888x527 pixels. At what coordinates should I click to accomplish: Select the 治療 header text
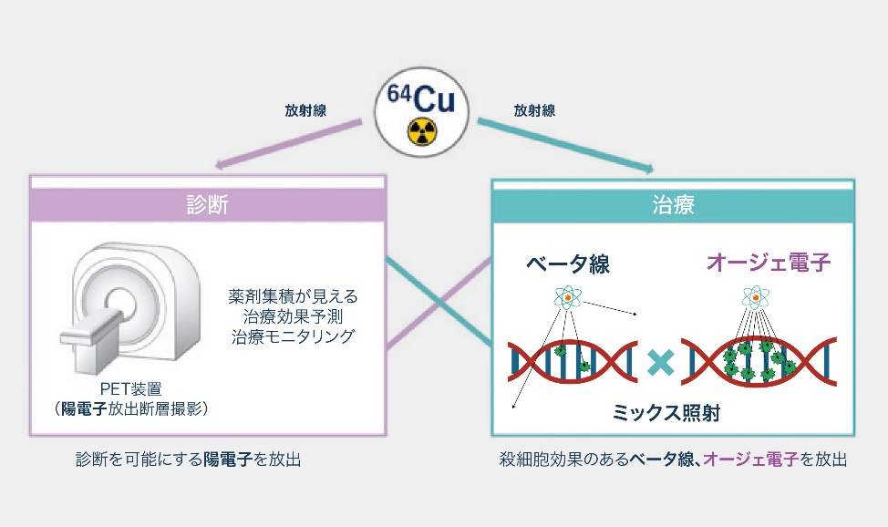click(x=674, y=204)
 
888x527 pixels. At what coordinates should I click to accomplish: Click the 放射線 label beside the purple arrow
click(x=305, y=110)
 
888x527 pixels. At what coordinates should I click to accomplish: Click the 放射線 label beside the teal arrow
click(x=534, y=110)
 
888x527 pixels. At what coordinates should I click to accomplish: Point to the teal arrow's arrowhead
click(x=648, y=169)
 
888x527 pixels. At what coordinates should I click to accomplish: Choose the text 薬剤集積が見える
click(x=294, y=297)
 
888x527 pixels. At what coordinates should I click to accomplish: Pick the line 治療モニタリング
click(x=294, y=336)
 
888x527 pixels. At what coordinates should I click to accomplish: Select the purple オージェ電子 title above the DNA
click(x=769, y=263)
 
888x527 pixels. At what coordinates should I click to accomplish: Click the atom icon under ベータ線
click(x=567, y=298)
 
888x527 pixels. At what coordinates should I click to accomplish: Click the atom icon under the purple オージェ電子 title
click(x=755, y=297)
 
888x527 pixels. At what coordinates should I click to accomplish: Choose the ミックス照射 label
click(x=666, y=413)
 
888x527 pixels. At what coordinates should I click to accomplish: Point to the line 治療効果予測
click(x=294, y=317)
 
